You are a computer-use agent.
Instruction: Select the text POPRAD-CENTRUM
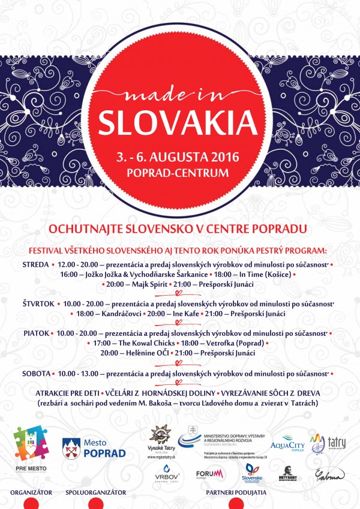tap(179, 173)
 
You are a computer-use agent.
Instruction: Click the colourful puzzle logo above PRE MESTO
tap(31, 442)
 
